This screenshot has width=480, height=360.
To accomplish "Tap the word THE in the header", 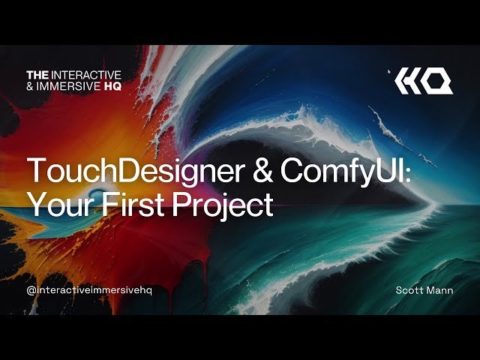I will [37, 74].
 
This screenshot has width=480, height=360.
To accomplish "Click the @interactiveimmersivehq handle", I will [88, 290].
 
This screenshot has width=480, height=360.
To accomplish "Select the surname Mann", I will [440, 290].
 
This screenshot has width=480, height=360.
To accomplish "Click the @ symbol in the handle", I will [31, 290].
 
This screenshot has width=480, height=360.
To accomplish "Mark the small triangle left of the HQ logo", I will [390, 72].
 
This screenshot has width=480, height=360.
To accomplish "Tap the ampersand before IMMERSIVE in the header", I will [31, 85].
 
